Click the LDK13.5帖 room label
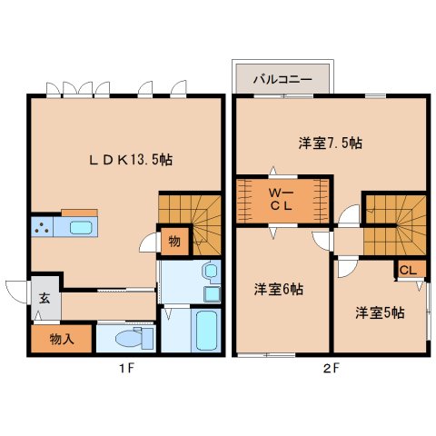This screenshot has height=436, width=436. point(131,160)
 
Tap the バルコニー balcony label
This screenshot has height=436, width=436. point(282,80)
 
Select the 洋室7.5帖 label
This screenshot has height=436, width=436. point(331,143)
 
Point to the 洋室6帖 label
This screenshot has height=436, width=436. point(279,290)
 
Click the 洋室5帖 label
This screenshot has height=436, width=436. point(380,312)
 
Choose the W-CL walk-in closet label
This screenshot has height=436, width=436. point(281,199)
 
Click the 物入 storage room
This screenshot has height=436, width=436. point(62,339)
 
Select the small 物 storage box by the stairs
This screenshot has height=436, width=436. point(174,242)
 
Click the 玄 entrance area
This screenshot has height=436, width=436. point(45,298)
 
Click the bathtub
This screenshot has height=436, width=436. point(206,331)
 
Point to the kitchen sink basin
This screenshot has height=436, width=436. point(81,227)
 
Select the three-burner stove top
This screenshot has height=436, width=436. point(42,227)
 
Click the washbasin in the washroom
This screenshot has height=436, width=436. point(211,271)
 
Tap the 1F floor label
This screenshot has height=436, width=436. point(125,369)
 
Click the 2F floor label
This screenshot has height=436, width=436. point(331,369)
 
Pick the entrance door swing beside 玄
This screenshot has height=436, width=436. point(15,292)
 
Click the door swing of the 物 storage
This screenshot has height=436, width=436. point(149,243)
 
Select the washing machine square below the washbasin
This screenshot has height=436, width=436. point(213,293)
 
